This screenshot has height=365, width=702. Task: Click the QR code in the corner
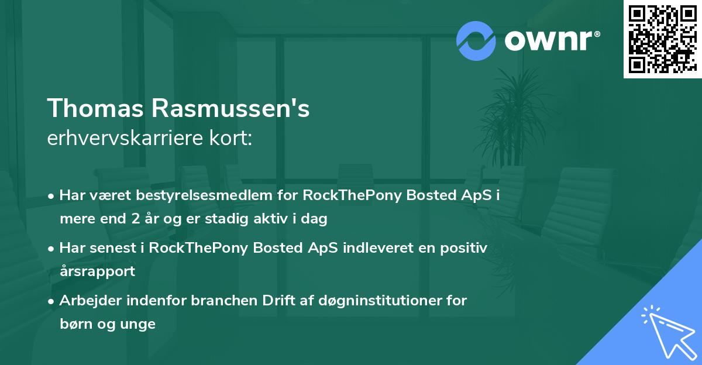662,39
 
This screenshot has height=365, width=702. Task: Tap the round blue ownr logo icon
476,41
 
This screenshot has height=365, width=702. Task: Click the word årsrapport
97,271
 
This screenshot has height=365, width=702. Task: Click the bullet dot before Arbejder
52,301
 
